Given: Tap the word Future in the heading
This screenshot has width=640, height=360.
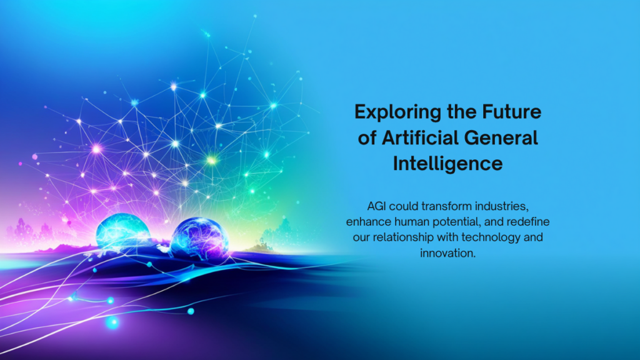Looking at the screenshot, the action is pyautogui.click(x=512, y=111).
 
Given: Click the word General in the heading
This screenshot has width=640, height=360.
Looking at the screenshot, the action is pyautogui.click(x=501, y=137).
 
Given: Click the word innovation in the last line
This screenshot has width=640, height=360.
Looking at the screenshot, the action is pyautogui.click(x=447, y=253).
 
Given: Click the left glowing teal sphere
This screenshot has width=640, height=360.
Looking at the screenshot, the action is pyautogui.click(x=123, y=231).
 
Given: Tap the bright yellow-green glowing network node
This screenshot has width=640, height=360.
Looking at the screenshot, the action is pyautogui.click(x=211, y=161).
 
